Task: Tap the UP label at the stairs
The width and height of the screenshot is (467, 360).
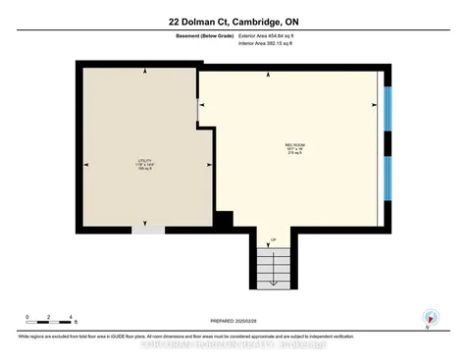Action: tap(273, 239)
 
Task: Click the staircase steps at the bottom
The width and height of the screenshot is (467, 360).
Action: tap(273, 265)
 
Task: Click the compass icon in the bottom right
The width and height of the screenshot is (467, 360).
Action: tap(429, 318)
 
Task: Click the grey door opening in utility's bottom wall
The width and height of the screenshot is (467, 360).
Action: tap(149, 231)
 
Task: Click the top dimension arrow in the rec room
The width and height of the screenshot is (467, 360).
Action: tap(290, 77)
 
